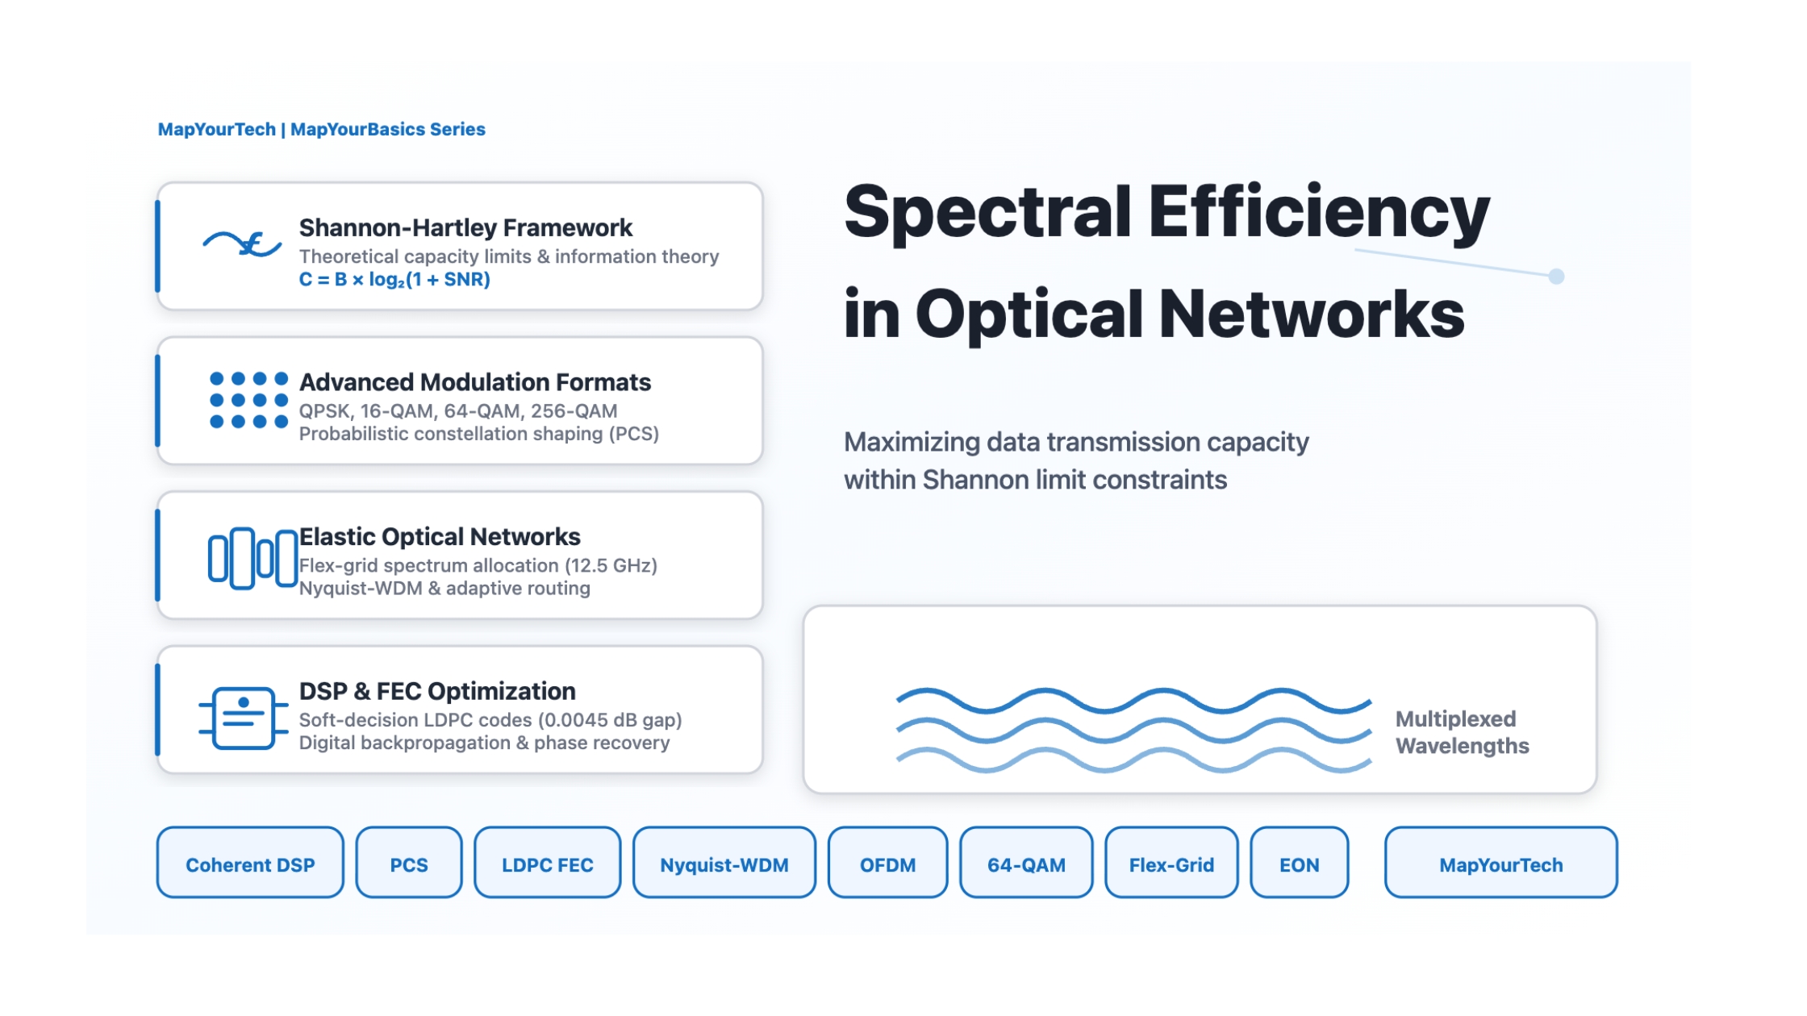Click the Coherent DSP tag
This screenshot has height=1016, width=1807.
coord(250,864)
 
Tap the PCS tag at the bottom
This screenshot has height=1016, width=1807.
coord(409,864)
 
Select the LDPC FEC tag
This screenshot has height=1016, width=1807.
coord(547,864)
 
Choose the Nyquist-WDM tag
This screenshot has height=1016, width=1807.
coord(724,864)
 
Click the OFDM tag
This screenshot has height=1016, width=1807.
coord(887,864)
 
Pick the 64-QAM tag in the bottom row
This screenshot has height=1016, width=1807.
coord(1026,864)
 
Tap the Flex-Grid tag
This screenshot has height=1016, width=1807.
coord(1171,864)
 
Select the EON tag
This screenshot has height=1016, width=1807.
coord(1299,864)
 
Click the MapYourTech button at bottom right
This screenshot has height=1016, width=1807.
coord(1500,864)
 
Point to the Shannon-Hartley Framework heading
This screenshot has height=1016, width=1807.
coord(465,228)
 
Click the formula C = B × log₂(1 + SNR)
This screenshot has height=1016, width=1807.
coord(394,280)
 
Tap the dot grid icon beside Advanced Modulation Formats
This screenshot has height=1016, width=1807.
coord(248,400)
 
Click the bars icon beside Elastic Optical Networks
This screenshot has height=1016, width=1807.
coord(252,557)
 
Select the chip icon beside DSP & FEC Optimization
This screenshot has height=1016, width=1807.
coord(243,717)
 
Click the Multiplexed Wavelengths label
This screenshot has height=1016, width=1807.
coord(1461,732)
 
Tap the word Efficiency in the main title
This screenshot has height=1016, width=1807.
coord(1318,211)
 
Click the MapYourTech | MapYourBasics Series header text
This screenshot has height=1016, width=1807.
coord(321,130)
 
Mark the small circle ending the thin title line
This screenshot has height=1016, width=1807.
coord(1556,277)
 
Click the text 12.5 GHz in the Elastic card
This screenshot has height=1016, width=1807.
coord(614,566)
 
